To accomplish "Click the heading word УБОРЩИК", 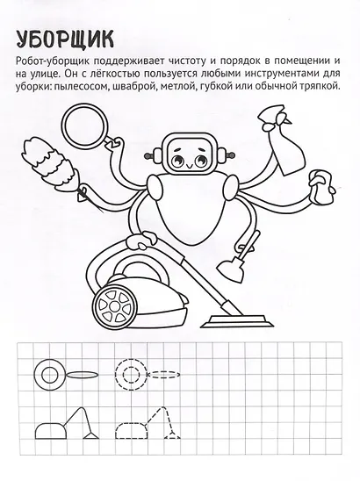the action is pyautogui.click(x=65, y=39).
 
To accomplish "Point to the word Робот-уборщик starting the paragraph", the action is pyautogui.click(x=52, y=61).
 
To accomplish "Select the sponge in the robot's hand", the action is pyautogui.click(x=322, y=188).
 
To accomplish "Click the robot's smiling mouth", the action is pyautogui.click(x=189, y=166).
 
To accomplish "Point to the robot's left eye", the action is pyautogui.click(x=177, y=160).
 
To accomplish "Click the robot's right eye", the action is pyautogui.click(x=200, y=160).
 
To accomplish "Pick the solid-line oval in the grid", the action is pyautogui.click(x=83, y=375).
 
